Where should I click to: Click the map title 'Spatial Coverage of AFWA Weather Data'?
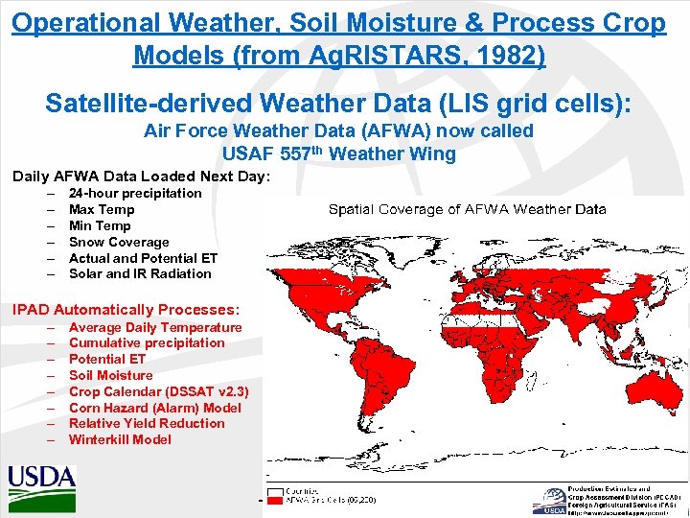[x=467, y=209]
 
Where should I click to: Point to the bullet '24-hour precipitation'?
[x=135, y=194]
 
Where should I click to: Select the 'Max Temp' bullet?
[x=102, y=210]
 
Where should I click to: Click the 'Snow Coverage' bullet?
[x=119, y=243]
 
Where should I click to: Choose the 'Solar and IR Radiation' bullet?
[x=140, y=274]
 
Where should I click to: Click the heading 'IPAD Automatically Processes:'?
[x=126, y=310]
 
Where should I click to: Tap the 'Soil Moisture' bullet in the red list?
[x=110, y=375]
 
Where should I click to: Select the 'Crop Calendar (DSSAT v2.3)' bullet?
[x=158, y=391]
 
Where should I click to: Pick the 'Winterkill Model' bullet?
[x=120, y=440]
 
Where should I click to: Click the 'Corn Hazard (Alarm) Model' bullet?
[x=154, y=408]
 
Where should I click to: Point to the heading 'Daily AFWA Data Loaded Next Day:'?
[x=141, y=177]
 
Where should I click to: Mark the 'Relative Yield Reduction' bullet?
[x=147, y=424]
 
